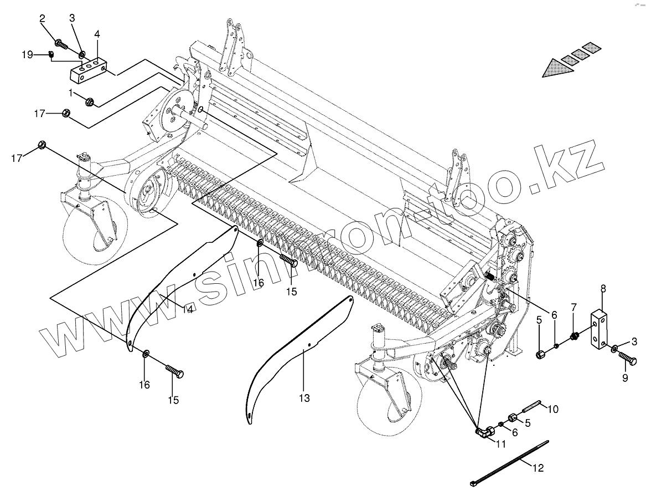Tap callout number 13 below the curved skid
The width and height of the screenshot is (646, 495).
click(304, 398)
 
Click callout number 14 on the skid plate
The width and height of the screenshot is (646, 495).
click(188, 309)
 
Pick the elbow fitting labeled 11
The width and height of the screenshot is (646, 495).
click(484, 432)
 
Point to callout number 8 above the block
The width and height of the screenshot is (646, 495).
click(603, 288)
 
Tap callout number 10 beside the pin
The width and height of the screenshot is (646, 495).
click(553, 410)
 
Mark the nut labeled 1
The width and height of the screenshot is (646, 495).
click(89, 101)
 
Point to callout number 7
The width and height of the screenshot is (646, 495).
click(573, 307)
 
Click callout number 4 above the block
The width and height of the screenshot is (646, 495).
click(97, 34)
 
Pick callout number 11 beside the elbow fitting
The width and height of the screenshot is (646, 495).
click(501, 444)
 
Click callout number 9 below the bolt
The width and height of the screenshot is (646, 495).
click(625, 379)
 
